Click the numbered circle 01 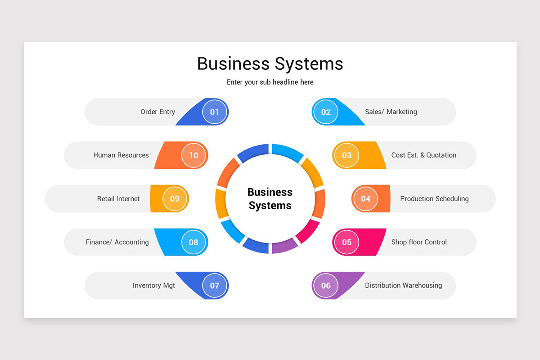coord(215,112)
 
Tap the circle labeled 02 coord(326,112)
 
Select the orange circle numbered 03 coord(346,155)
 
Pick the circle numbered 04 coord(365,198)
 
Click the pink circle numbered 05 coord(346,242)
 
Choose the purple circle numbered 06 coord(326,285)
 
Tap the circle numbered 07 coord(215,285)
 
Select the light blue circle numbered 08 coord(193,242)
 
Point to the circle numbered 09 coord(175,198)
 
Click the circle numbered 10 coord(193,155)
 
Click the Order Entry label coord(157,112)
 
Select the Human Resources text coord(121,155)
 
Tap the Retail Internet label coord(118,198)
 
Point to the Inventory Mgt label coord(154,285)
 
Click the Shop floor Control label coord(419,242)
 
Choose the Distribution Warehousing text coord(403,285)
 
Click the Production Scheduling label coord(434,198)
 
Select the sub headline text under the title coord(270,82)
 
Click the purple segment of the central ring coord(284,246)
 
